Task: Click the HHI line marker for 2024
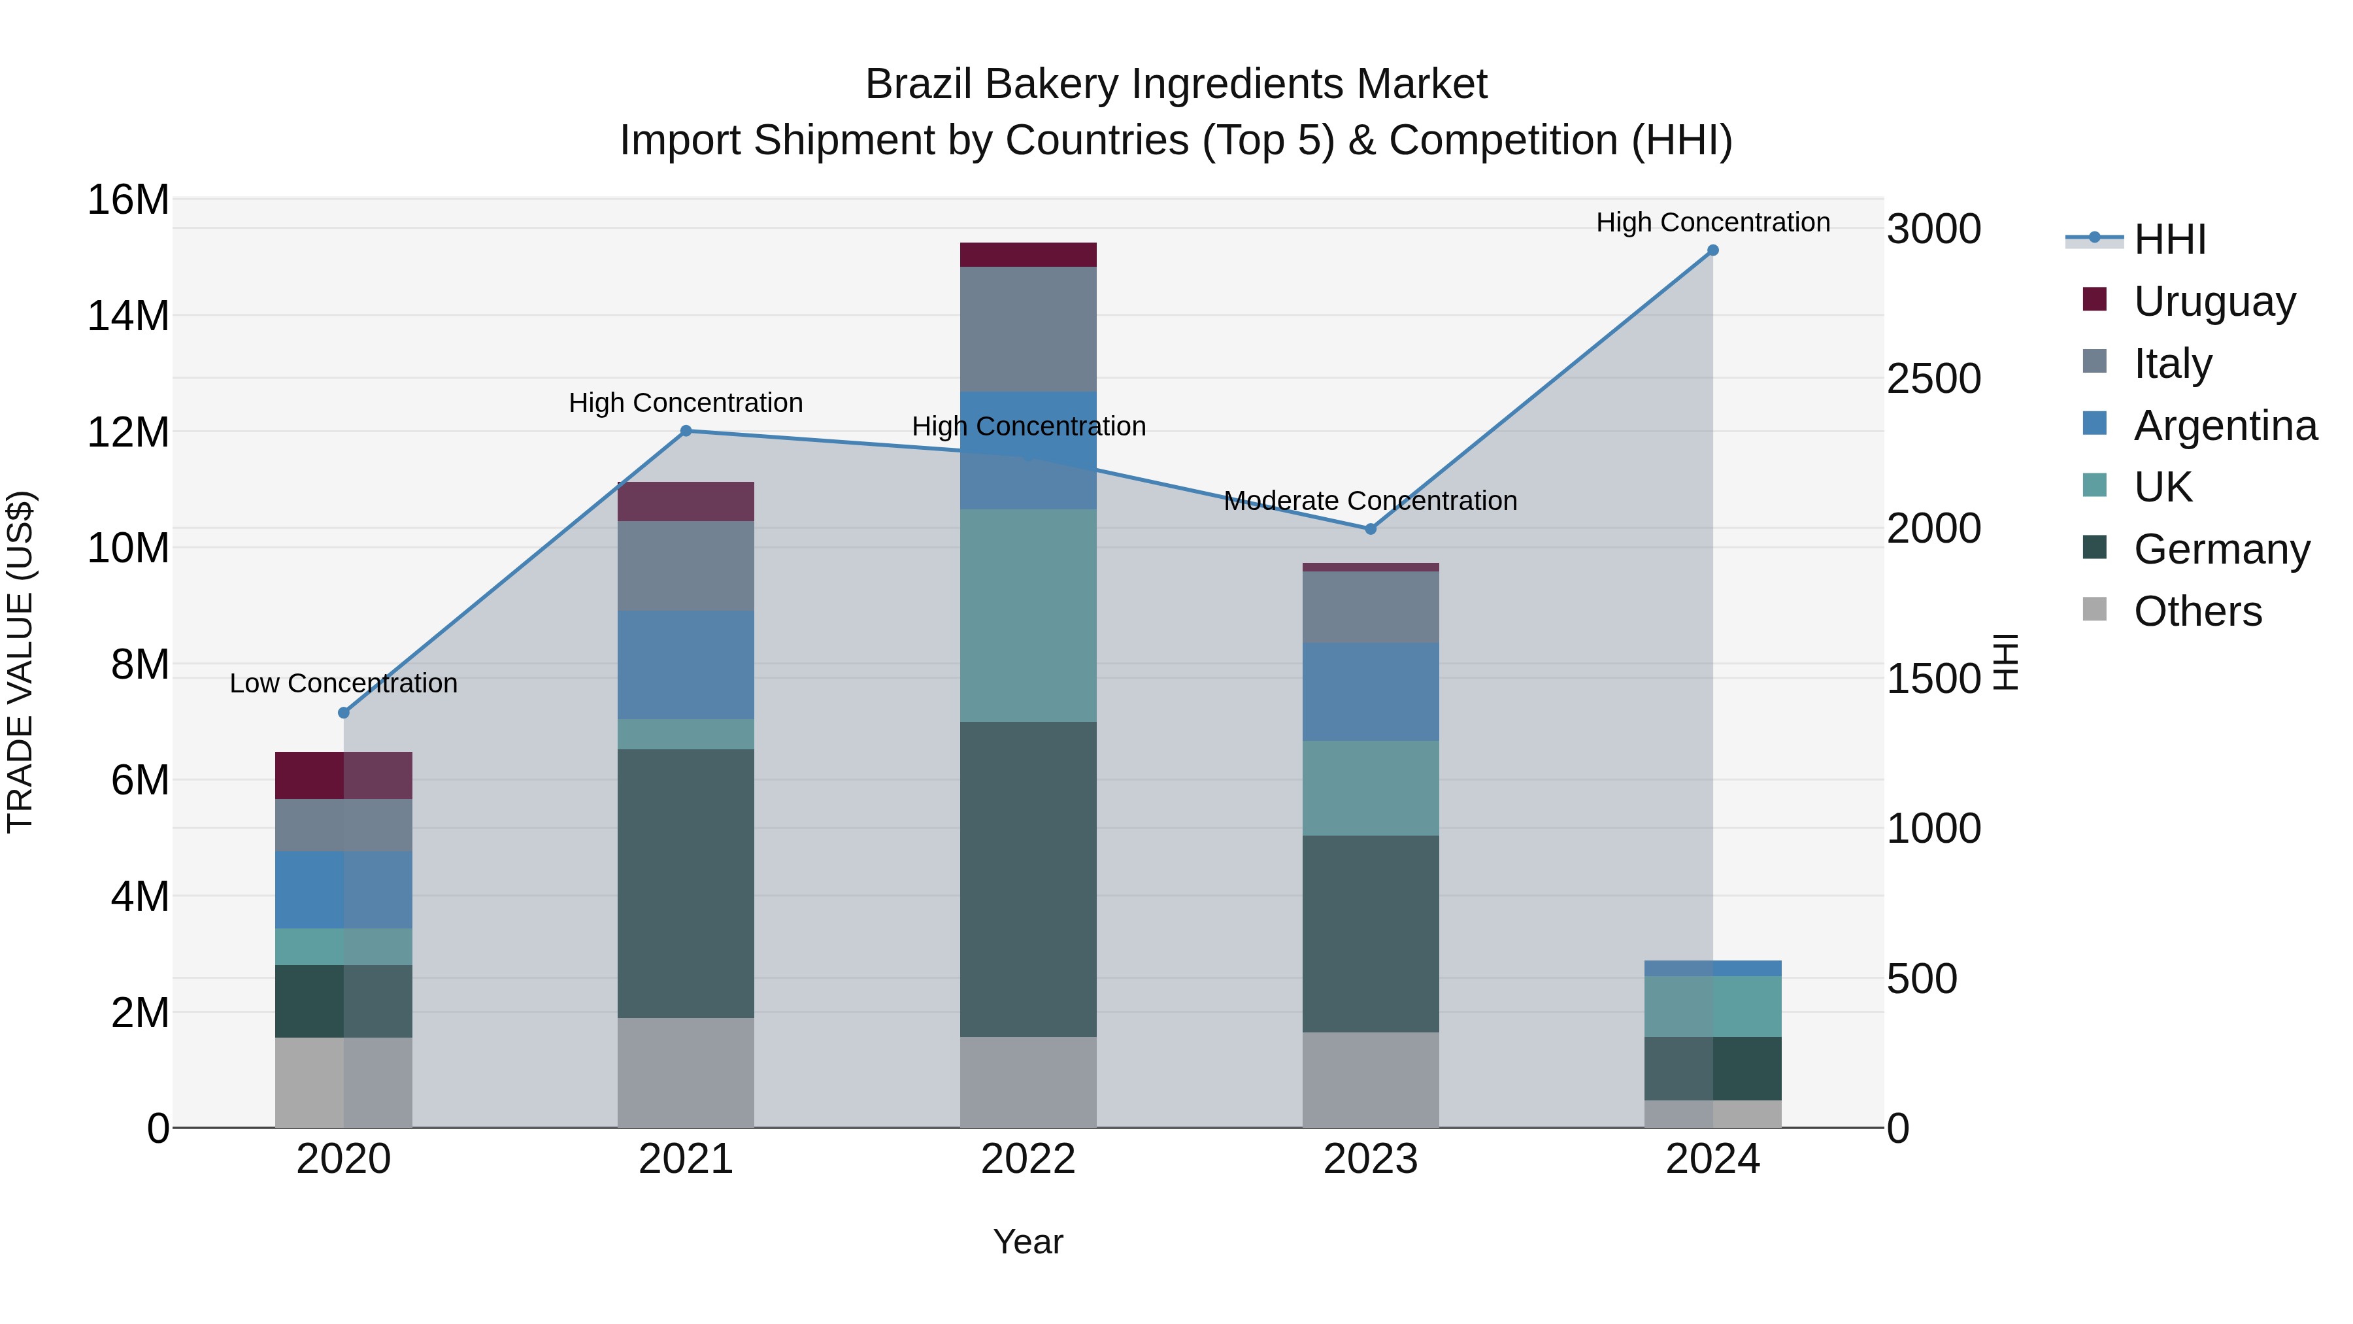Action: pyautogui.click(x=1712, y=250)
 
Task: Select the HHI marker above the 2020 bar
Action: pyautogui.click(x=343, y=713)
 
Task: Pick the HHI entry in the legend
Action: pyautogui.click(x=2169, y=239)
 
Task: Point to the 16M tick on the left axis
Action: pyautogui.click(x=128, y=200)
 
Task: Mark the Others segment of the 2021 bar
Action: pyautogui.click(x=686, y=1073)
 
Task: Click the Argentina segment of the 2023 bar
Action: pyautogui.click(x=1370, y=692)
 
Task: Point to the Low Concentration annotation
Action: pyautogui.click(x=343, y=683)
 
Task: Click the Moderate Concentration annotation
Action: pyautogui.click(x=1370, y=501)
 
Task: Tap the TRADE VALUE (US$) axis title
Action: pyautogui.click(x=20, y=662)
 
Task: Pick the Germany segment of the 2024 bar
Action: pyautogui.click(x=1712, y=1068)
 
